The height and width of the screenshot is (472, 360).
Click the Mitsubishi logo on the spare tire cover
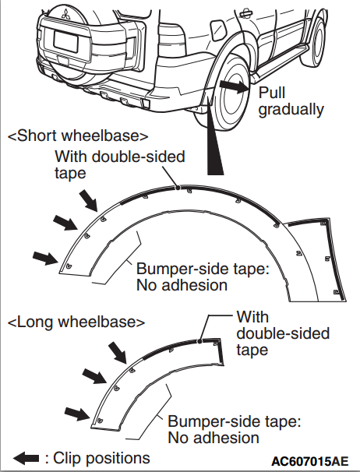[66, 14]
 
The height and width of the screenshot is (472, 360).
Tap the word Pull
[272, 93]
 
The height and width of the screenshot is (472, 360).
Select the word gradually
[291, 110]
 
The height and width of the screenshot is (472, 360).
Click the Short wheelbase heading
[78, 136]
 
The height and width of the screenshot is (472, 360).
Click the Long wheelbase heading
[76, 322]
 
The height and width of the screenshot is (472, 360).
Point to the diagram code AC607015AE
[310, 461]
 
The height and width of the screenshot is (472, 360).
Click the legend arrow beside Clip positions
[26, 459]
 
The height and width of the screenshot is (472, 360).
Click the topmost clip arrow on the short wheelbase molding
[88, 201]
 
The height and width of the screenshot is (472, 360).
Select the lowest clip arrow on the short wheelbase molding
[45, 259]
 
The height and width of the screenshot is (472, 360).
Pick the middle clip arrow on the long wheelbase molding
[94, 376]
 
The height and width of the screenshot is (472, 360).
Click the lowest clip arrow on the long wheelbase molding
[77, 414]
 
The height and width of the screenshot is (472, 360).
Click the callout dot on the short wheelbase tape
[178, 188]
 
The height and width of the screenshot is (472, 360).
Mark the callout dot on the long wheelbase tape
[199, 341]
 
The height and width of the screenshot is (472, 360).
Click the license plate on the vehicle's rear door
[66, 41]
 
